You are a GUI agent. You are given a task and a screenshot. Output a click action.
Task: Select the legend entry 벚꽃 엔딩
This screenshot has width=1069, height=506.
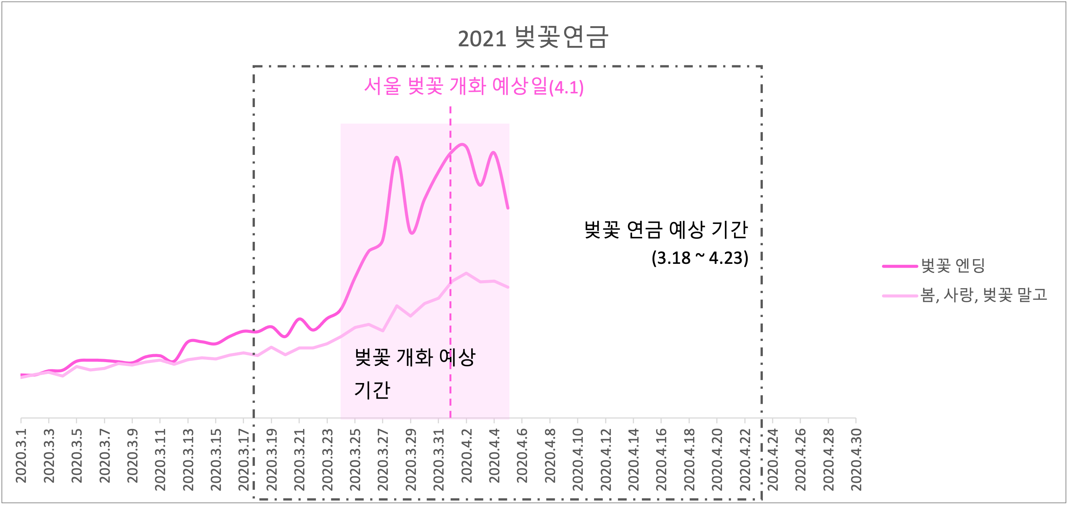pos(953,266)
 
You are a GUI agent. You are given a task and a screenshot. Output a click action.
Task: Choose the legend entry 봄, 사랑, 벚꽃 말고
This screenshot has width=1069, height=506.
pos(984,295)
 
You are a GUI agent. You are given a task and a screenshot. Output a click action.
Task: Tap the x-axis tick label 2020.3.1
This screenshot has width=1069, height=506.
pos(21,456)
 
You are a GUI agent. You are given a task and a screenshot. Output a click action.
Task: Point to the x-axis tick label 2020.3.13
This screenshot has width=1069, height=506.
pos(188,460)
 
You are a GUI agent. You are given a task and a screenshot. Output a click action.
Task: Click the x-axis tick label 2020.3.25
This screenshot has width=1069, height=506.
pos(355,460)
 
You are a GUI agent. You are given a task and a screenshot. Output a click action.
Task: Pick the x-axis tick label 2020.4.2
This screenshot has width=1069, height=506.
pos(467,456)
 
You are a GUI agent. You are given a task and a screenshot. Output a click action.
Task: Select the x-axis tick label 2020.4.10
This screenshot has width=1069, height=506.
pos(578,460)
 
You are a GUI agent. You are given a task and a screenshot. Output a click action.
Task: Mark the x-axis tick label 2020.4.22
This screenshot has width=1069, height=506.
pos(745,460)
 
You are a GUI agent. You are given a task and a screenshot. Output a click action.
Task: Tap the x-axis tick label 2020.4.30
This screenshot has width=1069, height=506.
pos(856,460)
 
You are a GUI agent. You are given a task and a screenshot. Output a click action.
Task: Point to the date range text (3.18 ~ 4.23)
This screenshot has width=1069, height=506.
pos(700,258)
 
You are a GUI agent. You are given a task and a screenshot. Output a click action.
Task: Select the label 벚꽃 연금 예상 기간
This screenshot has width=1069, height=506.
pos(666,230)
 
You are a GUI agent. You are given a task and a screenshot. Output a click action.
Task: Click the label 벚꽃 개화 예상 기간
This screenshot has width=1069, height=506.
pos(414,373)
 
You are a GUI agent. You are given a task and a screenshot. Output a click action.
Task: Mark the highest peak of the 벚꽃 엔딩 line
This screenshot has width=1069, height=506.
pos(463,145)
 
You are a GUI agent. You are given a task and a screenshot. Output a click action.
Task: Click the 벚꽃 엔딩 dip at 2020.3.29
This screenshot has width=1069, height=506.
pos(411,233)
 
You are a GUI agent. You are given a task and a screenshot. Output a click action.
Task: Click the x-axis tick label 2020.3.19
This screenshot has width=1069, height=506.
pos(271,460)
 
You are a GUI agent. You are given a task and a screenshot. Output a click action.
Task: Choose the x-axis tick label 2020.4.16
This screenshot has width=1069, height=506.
pos(661,460)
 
